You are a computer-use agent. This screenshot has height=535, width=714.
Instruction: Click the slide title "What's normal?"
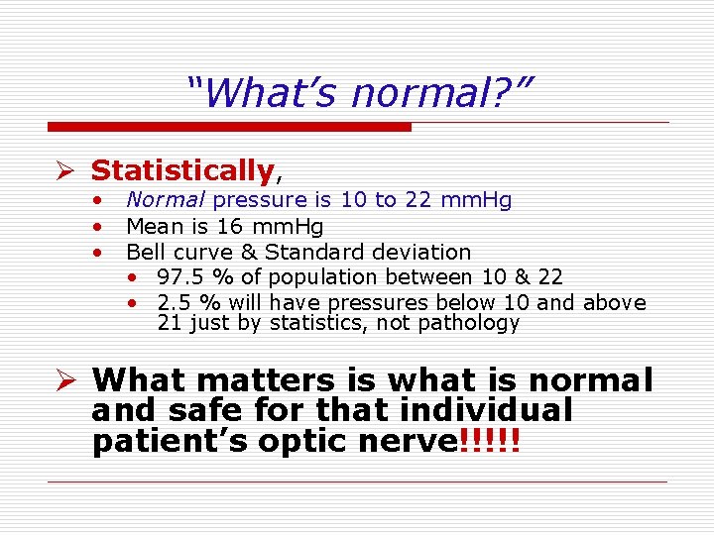pos(359,94)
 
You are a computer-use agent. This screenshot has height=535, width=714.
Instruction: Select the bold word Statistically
pos(181,170)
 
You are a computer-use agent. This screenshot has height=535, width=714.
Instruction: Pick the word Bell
pos(146,253)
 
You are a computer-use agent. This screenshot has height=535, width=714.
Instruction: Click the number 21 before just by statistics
pos(169,323)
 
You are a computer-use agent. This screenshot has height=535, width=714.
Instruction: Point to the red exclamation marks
pos(492,442)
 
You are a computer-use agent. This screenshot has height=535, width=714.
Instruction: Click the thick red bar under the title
pos(229,127)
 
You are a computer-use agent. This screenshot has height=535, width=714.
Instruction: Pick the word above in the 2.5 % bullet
pos(614,303)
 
